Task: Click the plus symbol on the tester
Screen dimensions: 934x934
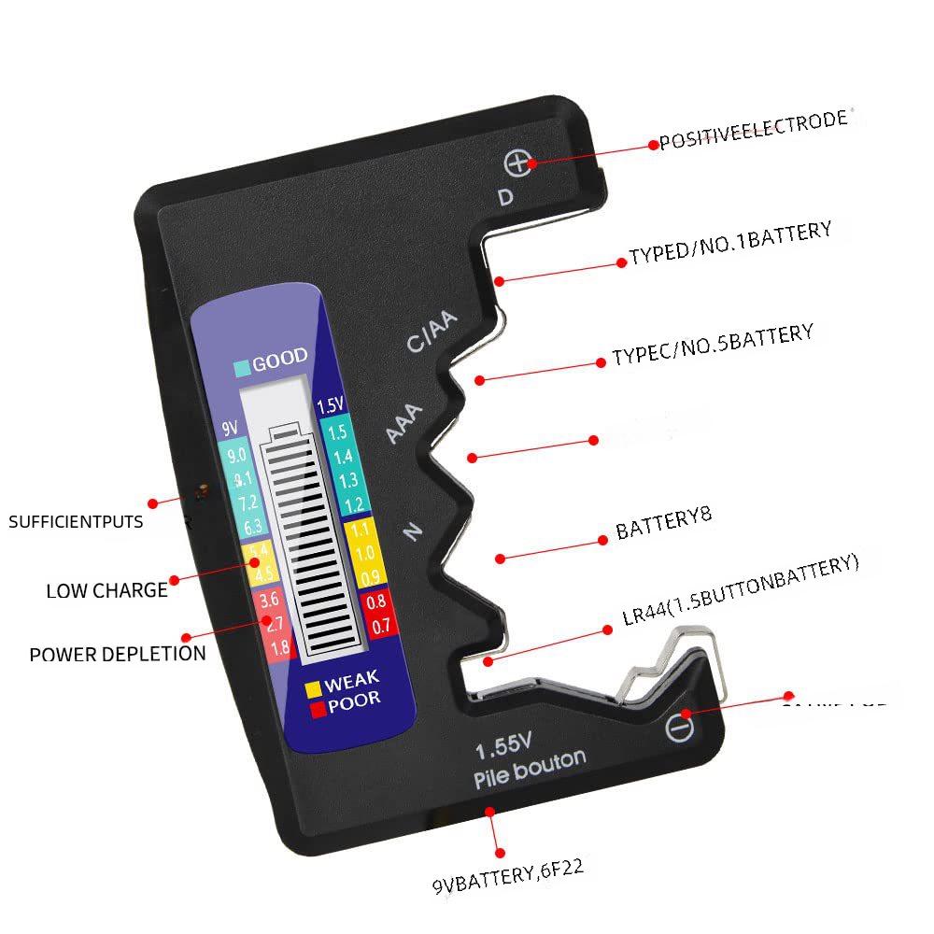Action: (517, 163)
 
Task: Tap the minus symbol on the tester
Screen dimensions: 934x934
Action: (681, 727)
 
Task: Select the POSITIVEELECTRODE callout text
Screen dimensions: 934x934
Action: (754, 131)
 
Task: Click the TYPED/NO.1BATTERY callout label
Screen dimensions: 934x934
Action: (729, 245)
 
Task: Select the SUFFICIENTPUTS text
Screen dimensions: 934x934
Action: (76, 521)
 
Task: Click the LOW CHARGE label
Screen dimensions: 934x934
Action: (106, 590)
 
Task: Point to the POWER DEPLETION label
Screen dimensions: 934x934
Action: (118, 654)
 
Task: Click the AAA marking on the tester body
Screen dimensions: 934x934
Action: (405, 424)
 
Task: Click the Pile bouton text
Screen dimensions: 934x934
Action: (530, 771)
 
